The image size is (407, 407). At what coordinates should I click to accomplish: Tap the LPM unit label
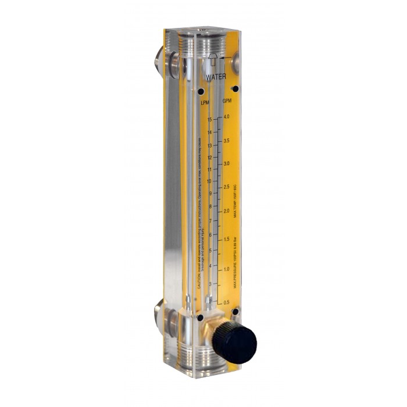pyautogui.click(x=205, y=103)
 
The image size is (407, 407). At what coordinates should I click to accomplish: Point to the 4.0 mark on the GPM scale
pyautogui.click(x=226, y=117)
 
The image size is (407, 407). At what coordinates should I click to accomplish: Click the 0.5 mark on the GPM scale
pyautogui.click(x=226, y=303)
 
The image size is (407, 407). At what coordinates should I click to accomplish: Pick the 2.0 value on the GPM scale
pyautogui.click(x=226, y=210)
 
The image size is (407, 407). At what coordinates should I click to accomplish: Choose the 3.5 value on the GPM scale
pyautogui.click(x=226, y=141)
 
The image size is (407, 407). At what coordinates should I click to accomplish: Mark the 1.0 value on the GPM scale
pyautogui.click(x=226, y=269)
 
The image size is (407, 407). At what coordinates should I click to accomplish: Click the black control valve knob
pyautogui.click(x=234, y=344)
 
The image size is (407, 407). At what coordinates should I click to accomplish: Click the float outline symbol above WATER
pyautogui.click(x=213, y=60)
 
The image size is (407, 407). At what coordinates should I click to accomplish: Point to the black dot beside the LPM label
pyautogui.click(x=201, y=91)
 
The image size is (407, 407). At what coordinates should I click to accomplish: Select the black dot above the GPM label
pyautogui.click(x=235, y=88)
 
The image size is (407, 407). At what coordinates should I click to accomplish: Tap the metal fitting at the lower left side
pyautogui.click(x=165, y=317)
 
